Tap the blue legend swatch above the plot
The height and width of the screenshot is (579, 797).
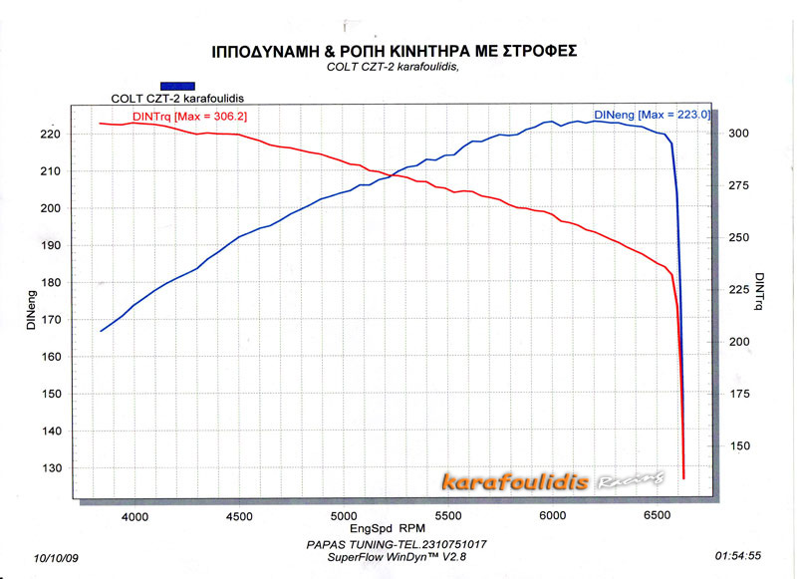coord(176,86)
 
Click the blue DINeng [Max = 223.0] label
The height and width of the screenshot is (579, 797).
coord(652,116)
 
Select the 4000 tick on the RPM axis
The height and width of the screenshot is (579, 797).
coord(134,516)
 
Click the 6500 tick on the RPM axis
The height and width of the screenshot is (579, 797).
coord(657,516)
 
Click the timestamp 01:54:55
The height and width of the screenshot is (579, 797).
coord(739,556)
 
